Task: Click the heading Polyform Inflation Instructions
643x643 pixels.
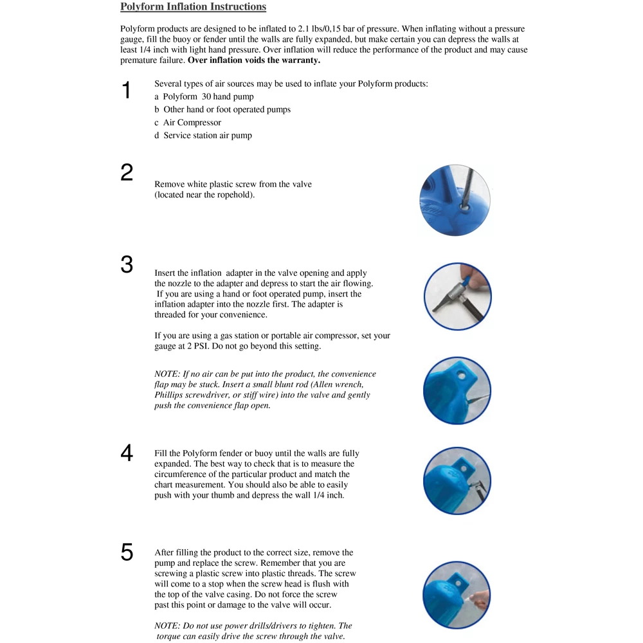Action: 193,7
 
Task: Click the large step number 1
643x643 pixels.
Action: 127,90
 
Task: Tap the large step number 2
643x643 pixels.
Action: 127,172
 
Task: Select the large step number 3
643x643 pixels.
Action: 127,264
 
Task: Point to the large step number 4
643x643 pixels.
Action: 127,453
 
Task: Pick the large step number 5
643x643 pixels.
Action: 127,552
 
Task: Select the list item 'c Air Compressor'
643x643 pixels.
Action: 188,122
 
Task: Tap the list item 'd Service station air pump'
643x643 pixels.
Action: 203,135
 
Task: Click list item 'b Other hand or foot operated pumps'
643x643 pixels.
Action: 222,109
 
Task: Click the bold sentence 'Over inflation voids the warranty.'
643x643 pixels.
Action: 254,60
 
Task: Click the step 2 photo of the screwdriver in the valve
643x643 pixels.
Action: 455,199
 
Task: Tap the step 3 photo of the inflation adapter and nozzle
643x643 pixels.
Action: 457,296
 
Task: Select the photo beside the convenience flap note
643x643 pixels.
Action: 457,391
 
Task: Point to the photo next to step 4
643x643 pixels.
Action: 457,480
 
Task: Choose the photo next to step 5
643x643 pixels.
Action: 457,595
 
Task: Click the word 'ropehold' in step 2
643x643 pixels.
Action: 234,195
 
